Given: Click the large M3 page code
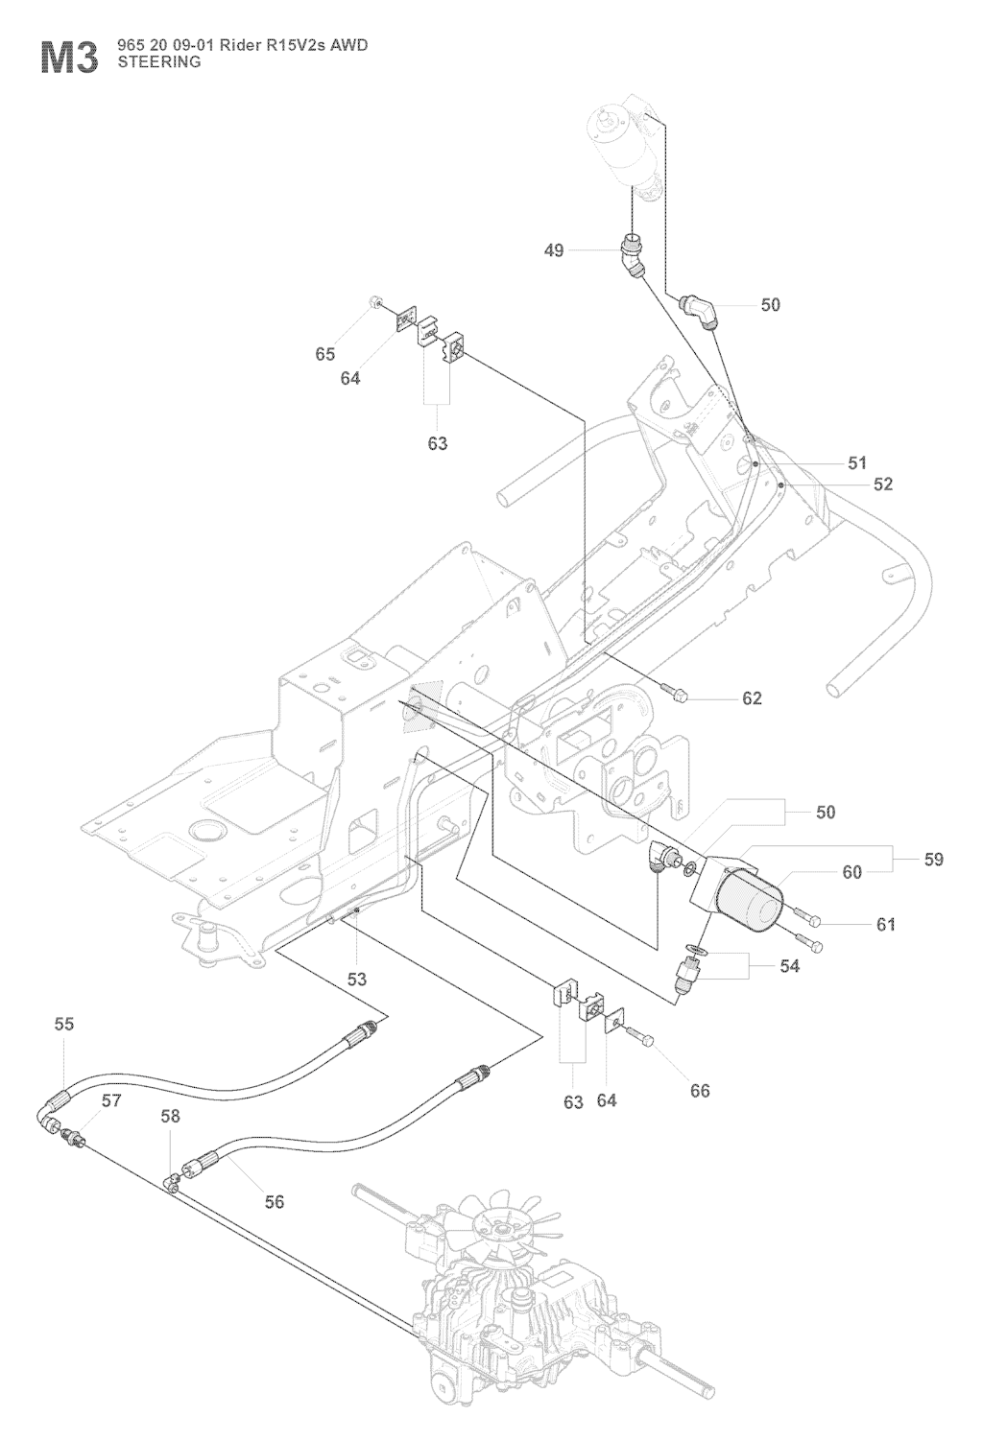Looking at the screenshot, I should (x=69, y=57).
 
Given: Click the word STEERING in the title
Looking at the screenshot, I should (x=158, y=62).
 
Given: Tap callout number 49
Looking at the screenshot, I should (x=554, y=250).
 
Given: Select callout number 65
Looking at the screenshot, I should (x=325, y=354).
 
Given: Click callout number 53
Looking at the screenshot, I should (x=357, y=980).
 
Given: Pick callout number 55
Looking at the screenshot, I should (x=63, y=1025).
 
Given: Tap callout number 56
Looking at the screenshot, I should (x=275, y=1201).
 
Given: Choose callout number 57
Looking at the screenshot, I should (x=112, y=1100).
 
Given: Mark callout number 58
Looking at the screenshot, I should (x=170, y=1117).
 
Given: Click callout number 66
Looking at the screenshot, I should (x=700, y=1091).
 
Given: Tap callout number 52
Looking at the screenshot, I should (x=882, y=484).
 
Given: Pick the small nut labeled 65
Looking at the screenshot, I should (x=373, y=304).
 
